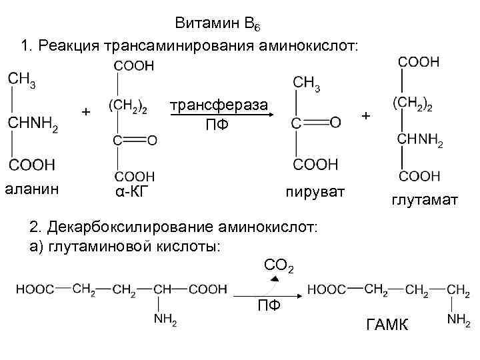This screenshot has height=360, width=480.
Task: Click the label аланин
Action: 32,189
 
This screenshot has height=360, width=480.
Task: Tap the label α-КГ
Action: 130,193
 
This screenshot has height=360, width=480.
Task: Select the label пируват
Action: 315,193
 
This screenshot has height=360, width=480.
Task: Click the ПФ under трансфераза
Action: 218,124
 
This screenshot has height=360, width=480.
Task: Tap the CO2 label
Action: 279,266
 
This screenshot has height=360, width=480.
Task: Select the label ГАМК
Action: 389,325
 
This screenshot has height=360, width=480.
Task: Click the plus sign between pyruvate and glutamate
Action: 365,117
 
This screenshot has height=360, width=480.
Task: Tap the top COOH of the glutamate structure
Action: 419,62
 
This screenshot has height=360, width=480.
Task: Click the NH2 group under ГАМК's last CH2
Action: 459,320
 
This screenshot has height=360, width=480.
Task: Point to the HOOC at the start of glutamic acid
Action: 35,289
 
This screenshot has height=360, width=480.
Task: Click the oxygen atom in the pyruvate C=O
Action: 335,121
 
